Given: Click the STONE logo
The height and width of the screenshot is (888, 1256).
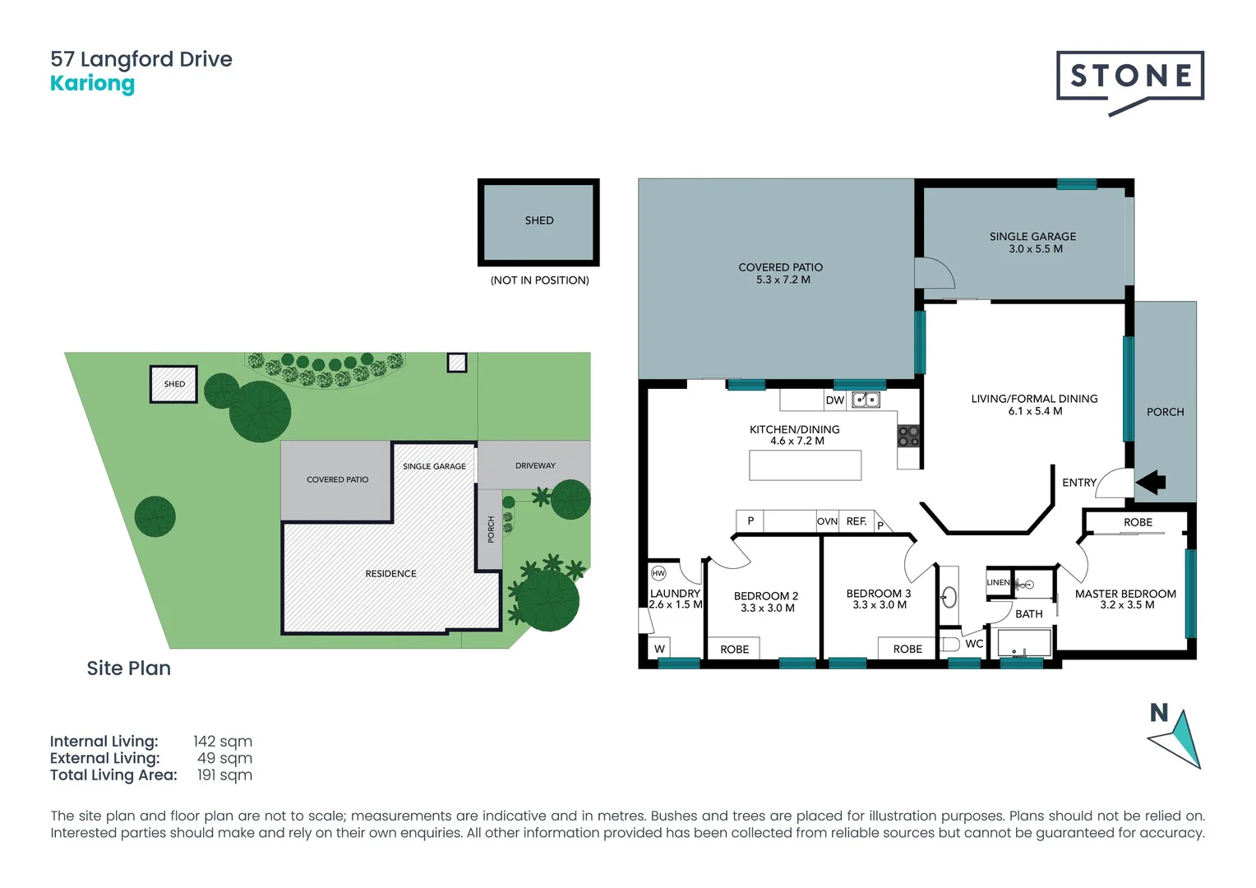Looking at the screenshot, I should pos(1130,78).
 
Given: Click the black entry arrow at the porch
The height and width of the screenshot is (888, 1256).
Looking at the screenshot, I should pos(1151,482).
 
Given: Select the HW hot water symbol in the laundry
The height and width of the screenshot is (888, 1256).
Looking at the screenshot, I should pos(658,573).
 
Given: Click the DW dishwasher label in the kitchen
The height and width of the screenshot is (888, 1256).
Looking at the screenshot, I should pos(835,400).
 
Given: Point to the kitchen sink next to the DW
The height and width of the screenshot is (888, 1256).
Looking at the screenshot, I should pos(866,400).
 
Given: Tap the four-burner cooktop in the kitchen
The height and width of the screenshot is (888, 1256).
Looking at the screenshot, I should pos(908,436).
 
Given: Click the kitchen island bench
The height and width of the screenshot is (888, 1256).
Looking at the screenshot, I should pos(805,465).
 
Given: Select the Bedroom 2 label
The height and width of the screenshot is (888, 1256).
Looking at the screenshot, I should pos(766,596).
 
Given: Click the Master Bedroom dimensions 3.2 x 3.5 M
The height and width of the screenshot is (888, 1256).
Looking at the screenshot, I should pos(1127,605).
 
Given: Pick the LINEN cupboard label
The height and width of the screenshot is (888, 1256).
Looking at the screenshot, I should pos(998,582).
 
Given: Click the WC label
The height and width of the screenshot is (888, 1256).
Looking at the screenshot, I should pos(974,644).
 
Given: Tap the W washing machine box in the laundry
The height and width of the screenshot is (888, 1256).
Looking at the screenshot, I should pos(659,649).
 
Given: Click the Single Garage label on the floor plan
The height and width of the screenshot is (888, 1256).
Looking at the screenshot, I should pos(1032,236).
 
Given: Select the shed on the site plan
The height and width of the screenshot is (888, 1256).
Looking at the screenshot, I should pos(173,384).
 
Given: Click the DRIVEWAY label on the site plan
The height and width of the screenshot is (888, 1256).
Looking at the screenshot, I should pos(535,465).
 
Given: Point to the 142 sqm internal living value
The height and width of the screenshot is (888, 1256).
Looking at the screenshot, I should pos(223,742).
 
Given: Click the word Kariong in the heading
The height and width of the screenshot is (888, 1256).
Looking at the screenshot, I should pos(92,84).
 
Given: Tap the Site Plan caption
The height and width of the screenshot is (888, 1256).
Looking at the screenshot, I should pos(129,668).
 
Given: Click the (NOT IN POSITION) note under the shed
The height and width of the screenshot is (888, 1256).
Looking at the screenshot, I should pos(539,280).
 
